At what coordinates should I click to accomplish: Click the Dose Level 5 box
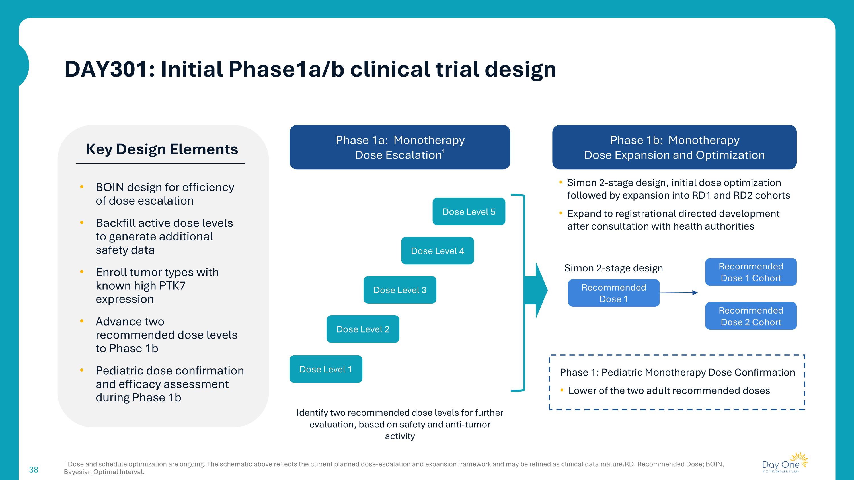(x=469, y=212)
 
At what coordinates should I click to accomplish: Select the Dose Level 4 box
(x=437, y=251)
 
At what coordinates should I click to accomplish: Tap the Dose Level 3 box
(x=400, y=290)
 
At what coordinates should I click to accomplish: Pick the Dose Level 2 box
(x=363, y=329)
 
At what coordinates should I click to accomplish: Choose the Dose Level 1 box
(x=326, y=369)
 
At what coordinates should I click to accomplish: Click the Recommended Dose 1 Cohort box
(x=751, y=272)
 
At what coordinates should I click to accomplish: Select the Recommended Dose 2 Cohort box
(x=751, y=316)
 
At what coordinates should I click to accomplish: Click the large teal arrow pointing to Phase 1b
(x=539, y=290)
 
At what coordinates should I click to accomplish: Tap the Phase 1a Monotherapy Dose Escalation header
(x=400, y=147)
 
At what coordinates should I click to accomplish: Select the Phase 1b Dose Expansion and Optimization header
(x=674, y=147)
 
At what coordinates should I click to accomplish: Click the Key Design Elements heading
(x=162, y=149)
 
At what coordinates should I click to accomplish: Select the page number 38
(x=34, y=469)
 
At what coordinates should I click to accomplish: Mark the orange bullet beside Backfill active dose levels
(x=81, y=223)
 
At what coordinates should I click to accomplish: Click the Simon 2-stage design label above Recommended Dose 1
(x=614, y=268)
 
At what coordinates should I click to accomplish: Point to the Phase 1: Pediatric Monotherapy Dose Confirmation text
(x=677, y=372)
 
